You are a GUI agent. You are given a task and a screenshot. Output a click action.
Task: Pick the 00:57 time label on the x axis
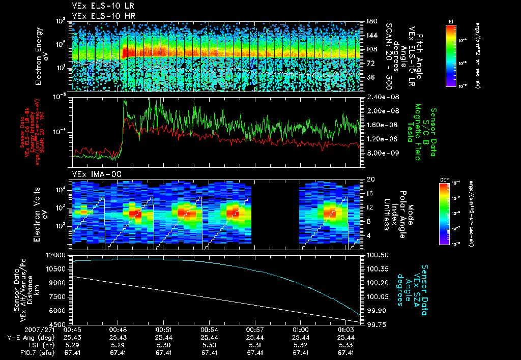254,329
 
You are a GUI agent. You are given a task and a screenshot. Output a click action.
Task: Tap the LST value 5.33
345,345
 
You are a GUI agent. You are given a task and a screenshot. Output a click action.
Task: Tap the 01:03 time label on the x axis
345,329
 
